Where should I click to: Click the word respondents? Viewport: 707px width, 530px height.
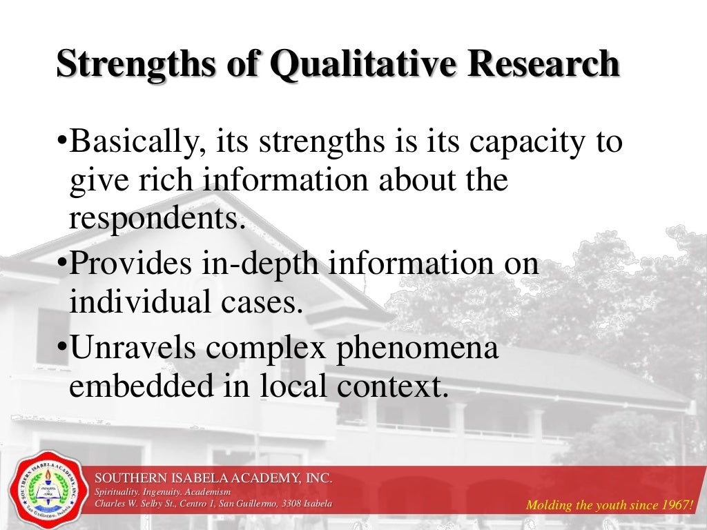pyautogui.click(x=157, y=218)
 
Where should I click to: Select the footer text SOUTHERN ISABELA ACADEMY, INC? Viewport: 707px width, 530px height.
pyautogui.click(x=213, y=478)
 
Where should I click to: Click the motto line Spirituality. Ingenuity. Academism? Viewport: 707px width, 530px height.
pyautogui.click(x=164, y=491)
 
